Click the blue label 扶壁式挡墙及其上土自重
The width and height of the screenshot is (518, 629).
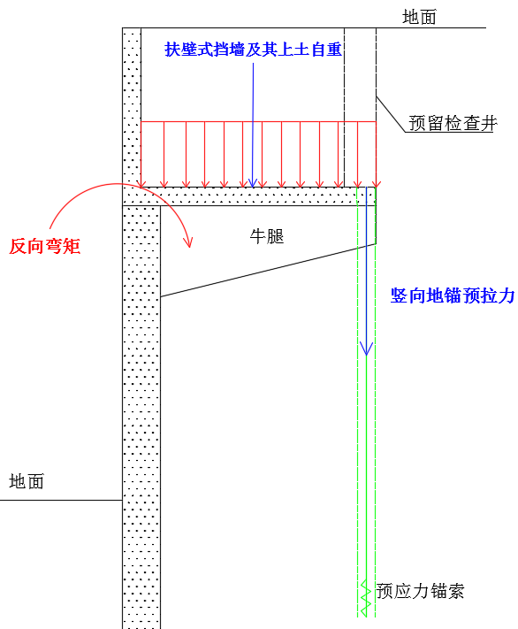(253, 50)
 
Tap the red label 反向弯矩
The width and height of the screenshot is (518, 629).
(45, 246)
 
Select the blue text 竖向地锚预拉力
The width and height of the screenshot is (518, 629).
(453, 295)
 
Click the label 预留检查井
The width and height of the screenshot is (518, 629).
(453, 123)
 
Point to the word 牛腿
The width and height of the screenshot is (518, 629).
(267, 236)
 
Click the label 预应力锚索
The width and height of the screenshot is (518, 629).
(420, 591)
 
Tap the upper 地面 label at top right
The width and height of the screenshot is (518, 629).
(419, 17)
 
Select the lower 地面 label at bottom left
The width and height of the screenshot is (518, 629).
(27, 481)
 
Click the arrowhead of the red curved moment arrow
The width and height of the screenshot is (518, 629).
(188, 242)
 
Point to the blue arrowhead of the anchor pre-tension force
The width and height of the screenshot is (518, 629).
(366, 349)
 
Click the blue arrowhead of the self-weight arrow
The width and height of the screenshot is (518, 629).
(252, 183)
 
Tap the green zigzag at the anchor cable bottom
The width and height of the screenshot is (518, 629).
(364, 598)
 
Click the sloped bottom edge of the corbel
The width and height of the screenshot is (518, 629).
(268, 271)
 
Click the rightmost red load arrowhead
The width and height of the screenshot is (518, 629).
(376, 183)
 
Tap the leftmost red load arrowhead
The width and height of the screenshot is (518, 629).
(142, 183)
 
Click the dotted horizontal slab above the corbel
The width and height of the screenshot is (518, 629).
(249, 196)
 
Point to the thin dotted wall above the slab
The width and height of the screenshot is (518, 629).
(132, 107)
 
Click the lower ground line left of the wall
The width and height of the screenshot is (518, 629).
(61, 500)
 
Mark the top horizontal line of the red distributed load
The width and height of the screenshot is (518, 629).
(259, 121)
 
